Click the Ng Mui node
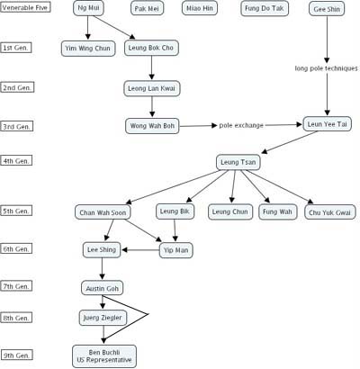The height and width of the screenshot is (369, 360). point(88,8)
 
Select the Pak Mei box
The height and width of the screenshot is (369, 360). point(147,8)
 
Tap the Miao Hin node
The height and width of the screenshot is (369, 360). point(200,8)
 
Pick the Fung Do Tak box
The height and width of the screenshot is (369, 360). point(265,8)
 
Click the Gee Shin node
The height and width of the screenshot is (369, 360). point(327,9)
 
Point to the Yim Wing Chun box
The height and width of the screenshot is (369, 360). point(88,49)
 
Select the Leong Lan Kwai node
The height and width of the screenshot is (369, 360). point(152,88)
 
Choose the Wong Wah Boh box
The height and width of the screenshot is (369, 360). point(152,126)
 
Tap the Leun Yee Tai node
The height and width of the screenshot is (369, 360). point(327,124)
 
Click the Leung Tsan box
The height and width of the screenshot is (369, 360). point(238,162)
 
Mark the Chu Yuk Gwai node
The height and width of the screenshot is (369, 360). point(330,212)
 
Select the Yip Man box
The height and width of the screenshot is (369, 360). point(176,250)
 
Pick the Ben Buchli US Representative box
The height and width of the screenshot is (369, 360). point(104,356)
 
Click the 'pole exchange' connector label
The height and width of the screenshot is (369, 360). point(241,125)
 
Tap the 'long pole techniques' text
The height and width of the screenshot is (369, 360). point(327,68)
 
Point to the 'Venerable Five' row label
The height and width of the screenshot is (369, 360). point(25,7)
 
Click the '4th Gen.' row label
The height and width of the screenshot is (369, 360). point(16,161)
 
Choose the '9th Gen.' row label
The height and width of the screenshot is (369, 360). point(16,355)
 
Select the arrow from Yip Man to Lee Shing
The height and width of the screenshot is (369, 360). point(140,250)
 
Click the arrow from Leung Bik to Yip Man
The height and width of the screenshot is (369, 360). point(175,230)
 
